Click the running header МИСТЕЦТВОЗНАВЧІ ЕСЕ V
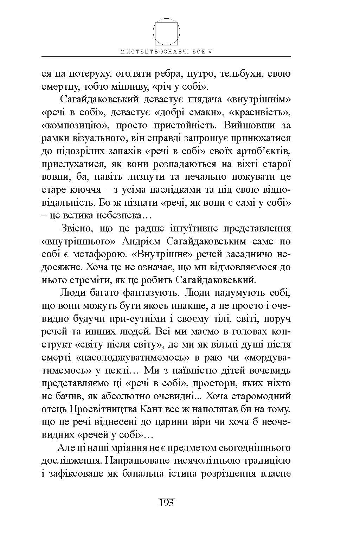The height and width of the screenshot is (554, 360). pyautogui.click(x=167, y=51)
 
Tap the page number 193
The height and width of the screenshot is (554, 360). pyautogui.click(x=166, y=502)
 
